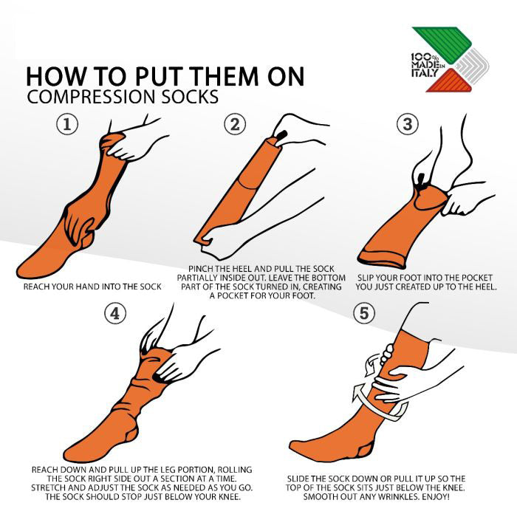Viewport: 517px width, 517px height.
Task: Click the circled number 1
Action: pos(67,124)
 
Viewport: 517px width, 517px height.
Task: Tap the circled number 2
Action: pos(235,124)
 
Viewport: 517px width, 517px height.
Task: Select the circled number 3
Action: pos(408,124)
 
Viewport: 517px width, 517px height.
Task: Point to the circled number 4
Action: pos(115,313)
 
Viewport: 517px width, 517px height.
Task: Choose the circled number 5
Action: pos(364,313)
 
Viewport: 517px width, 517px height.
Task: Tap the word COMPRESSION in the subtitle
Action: pos(91,97)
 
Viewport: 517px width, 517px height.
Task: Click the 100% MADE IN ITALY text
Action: pos(428,65)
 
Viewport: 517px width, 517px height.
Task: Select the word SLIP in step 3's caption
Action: pos(366,278)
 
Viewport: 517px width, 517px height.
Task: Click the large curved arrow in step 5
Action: pos(379,404)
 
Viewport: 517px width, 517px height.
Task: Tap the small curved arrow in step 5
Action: pos(372,366)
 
